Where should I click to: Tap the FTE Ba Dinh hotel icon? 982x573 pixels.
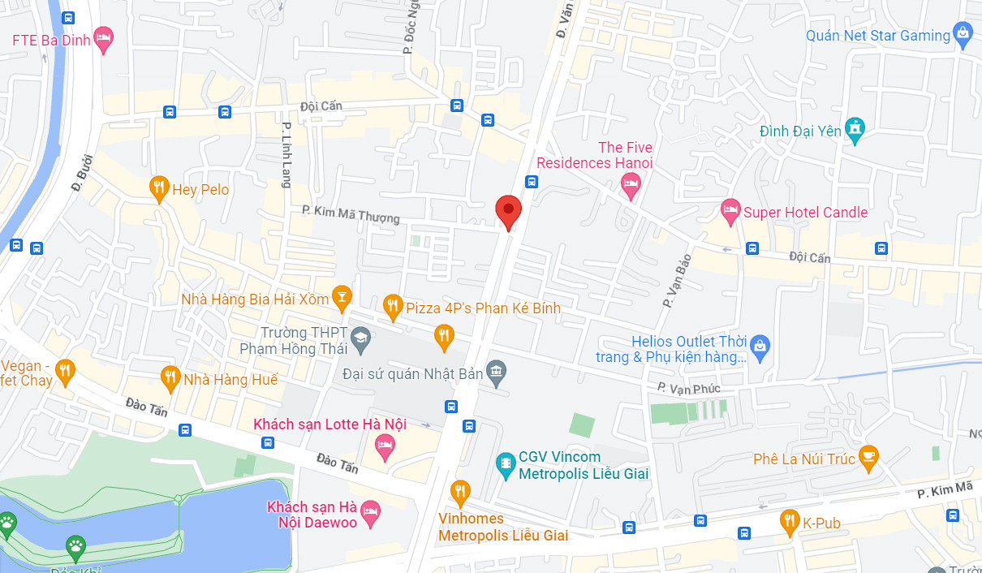click(103, 38)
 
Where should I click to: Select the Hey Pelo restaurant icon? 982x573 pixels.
click(159, 189)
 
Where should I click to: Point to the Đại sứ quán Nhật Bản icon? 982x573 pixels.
click(496, 373)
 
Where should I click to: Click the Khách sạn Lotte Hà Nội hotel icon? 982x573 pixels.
click(385, 443)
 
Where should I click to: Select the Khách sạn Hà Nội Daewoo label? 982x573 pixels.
click(312, 515)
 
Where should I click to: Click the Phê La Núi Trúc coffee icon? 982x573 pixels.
click(868, 459)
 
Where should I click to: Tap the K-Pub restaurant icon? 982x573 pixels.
click(789, 522)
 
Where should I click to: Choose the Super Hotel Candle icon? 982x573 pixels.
click(730, 212)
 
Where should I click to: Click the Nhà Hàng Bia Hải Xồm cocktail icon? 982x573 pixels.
click(342, 299)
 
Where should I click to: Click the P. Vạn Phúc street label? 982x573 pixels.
click(689, 389)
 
